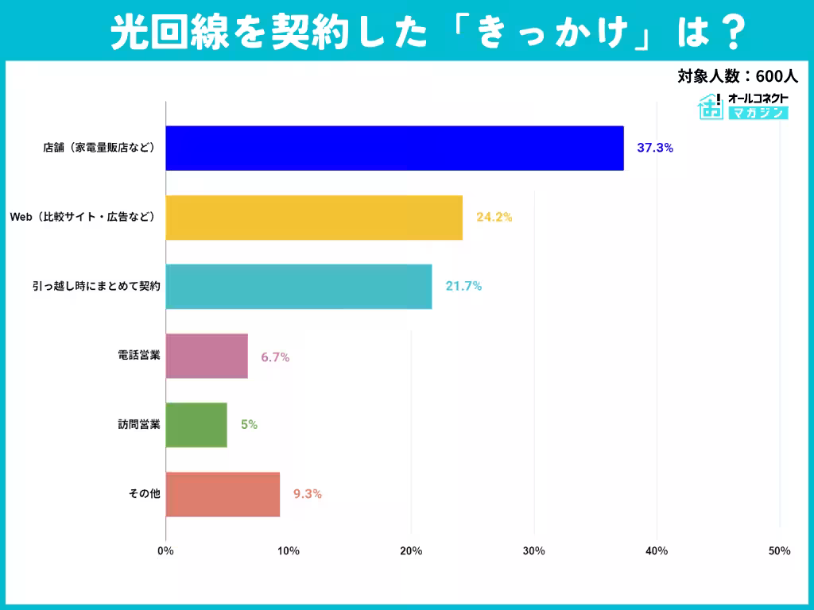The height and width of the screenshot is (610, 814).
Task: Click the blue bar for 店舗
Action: click(394, 148)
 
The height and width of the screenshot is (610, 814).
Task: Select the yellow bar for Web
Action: click(314, 217)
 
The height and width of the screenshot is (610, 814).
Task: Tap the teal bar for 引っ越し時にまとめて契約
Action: click(299, 286)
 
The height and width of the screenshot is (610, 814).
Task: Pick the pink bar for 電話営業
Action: click(207, 355)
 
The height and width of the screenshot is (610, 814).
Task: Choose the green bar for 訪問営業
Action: click(196, 424)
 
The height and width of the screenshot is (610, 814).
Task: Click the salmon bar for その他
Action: click(223, 493)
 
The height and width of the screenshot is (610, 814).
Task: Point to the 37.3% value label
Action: click(655, 148)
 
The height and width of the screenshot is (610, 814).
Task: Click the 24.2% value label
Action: click(494, 217)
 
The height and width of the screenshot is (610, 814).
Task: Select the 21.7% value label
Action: click(463, 286)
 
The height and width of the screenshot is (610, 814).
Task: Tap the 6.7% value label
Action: click(275, 356)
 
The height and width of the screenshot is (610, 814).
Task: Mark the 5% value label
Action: click(249, 425)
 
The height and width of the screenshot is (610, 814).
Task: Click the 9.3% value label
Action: click(307, 494)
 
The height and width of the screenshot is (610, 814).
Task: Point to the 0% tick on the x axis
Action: click(165, 551)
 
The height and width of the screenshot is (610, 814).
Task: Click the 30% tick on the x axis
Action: click(534, 551)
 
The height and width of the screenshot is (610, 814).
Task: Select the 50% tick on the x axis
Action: click(779, 551)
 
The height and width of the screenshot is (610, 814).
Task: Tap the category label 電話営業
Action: click(139, 355)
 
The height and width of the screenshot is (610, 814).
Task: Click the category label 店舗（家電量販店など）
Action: click(99, 148)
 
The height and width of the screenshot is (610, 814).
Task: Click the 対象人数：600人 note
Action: click(737, 76)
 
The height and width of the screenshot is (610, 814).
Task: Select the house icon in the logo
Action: click(710, 106)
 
